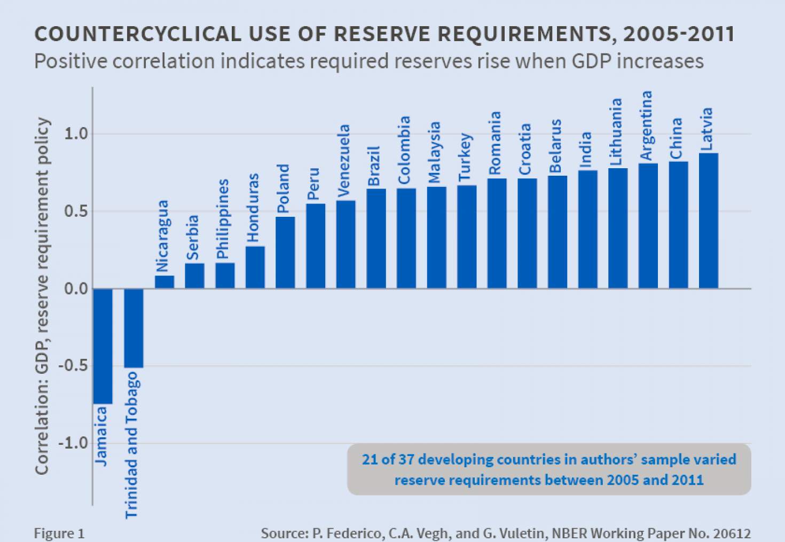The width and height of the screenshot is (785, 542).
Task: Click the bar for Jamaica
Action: point(103,346)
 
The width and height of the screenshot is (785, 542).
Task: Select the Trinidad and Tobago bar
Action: point(134,328)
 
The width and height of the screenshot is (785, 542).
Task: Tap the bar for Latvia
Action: point(708,221)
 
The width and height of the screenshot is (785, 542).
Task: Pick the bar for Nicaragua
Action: point(164,282)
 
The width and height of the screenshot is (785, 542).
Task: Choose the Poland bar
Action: point(285,253)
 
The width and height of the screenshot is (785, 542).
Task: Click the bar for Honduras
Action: point(255,267)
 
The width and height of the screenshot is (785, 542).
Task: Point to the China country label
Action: point(676,138)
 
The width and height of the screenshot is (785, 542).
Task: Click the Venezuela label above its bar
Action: point(344,160)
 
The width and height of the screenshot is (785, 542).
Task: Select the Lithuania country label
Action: point(616,132)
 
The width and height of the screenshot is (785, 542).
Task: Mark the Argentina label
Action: point(646,125)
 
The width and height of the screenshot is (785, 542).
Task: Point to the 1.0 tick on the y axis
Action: point(76,133)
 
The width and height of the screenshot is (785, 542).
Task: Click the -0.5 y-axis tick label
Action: point(73,366)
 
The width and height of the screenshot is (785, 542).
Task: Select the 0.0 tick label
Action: point(76,289)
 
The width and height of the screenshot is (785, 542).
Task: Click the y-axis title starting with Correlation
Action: point(42,296)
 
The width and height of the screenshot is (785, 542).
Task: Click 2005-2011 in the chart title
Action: point(678,34)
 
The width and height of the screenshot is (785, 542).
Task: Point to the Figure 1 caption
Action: point(59,533)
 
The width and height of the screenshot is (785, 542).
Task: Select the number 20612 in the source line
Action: point(731,533)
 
